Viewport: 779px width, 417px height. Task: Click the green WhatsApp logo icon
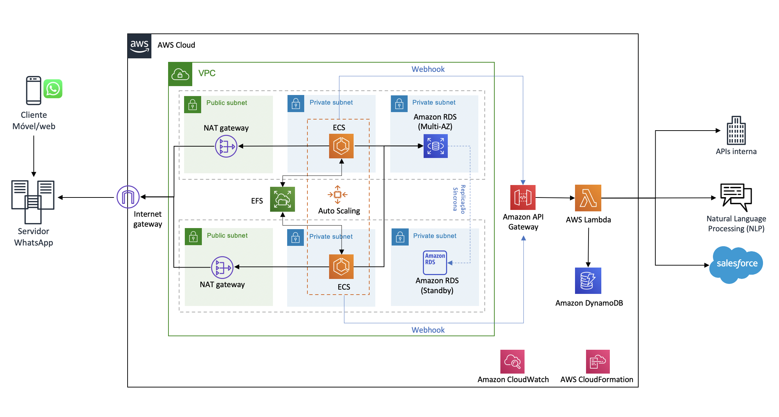[x=53, y=89]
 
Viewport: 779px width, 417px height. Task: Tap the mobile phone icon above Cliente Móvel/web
[x=33, y=90]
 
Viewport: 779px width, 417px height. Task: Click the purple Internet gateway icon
[x=128, y=197]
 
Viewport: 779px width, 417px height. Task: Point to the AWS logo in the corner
[x=140, y=46]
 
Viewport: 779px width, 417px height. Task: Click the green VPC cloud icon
[x=180, y=74]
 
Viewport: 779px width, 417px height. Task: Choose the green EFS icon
[x=283, y=199]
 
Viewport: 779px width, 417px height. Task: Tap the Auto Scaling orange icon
[x=338, y=195]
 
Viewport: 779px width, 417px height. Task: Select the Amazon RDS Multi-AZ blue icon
[x=436, y=146]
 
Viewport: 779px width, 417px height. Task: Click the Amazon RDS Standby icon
[x=435, y=263]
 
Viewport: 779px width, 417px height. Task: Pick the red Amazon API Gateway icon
[x=523, y=197]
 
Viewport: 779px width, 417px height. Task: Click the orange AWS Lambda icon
[x=588, y=198]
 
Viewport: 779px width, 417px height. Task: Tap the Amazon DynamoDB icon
[x=588, y=280]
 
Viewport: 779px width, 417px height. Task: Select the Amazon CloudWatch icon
[x=512, y=361]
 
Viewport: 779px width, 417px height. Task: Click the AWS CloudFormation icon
[x=598, y=361]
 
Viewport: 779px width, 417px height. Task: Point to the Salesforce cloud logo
[x=736, y=264]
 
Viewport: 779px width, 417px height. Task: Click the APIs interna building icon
[x=736, y=131]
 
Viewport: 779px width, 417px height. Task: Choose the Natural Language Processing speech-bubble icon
[x=736, y=197]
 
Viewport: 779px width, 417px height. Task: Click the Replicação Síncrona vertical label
[x=459, y=199]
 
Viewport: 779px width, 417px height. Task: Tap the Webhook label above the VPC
[x=428, y=69]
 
